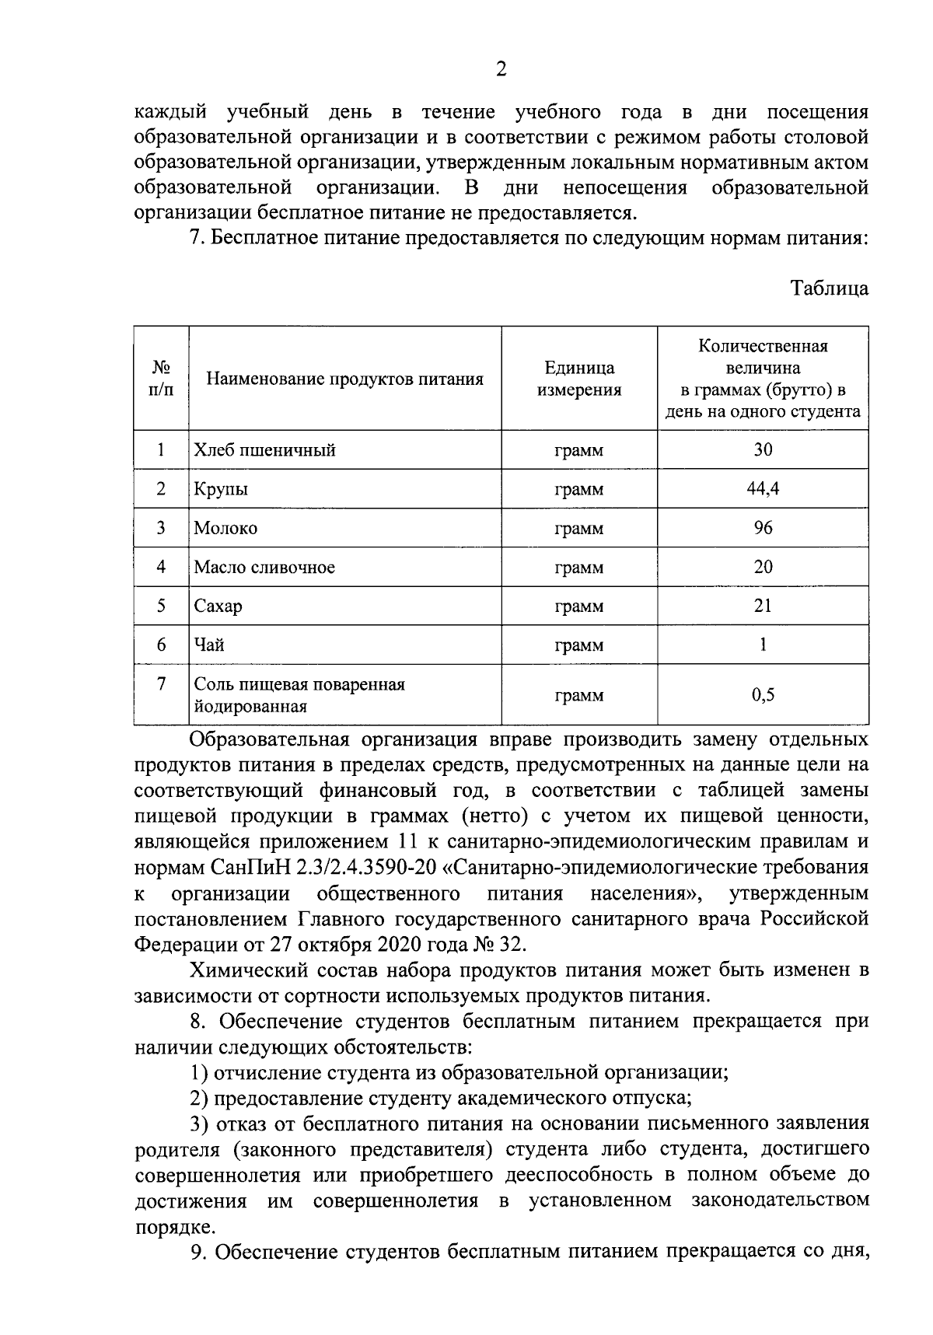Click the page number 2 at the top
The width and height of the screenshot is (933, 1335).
501,70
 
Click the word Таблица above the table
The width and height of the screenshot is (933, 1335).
829,288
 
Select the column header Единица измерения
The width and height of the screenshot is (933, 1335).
579,379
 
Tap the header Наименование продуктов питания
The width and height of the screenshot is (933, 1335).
344,379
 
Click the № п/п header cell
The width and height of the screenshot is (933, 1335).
161,379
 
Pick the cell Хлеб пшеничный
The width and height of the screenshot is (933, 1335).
265,449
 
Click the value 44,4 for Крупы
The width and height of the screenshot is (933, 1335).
763,488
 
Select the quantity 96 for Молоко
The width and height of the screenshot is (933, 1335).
763,527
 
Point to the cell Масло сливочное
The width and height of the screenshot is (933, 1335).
264,567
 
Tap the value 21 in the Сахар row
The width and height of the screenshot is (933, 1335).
763,605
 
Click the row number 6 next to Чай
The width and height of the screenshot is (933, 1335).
161,644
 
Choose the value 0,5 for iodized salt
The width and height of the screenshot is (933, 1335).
763,695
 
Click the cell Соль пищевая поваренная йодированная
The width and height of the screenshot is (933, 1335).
299,695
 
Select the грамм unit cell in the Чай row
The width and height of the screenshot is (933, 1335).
579,645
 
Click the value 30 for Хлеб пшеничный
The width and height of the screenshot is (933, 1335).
763,449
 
